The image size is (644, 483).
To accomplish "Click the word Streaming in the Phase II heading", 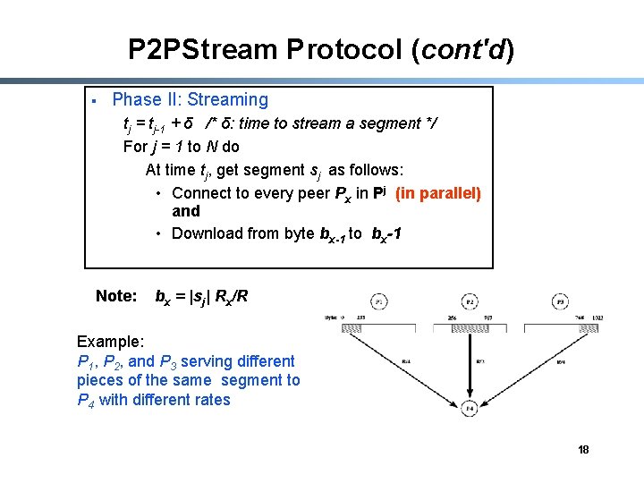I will [x=227, y=100].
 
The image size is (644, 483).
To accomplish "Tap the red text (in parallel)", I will [x=438, y=193].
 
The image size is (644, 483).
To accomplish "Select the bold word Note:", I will [x=116, y=296].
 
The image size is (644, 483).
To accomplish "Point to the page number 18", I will [x=583, y=449].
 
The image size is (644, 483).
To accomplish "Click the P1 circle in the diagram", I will [x=379, y=301].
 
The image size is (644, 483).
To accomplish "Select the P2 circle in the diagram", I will [x=470, y=301].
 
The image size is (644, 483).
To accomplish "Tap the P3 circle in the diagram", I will [x=561, y=301].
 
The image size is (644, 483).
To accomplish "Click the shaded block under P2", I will [x=470, y=328].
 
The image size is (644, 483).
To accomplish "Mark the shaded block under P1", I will [x=365, y=328].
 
